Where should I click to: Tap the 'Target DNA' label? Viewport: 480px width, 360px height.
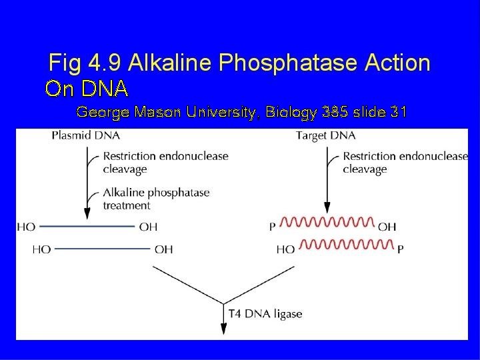325,136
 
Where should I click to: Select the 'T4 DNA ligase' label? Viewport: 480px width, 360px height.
265,313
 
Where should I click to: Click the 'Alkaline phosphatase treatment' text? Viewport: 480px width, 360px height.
156,199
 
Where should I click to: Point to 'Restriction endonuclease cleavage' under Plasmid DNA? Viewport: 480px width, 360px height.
165,163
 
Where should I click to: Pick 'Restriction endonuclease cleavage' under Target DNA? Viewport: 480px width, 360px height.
405,163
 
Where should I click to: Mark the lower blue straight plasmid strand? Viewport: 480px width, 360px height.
103,249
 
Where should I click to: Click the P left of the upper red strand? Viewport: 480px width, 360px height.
273,227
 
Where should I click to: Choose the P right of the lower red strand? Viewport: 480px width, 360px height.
400,249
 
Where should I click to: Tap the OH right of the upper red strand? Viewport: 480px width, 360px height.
387,227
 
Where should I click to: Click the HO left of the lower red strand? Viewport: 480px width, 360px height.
285,249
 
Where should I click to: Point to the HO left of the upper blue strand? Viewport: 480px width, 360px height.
26,227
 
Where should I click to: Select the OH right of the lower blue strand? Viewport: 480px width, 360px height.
163,249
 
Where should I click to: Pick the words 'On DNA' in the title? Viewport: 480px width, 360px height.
86,88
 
